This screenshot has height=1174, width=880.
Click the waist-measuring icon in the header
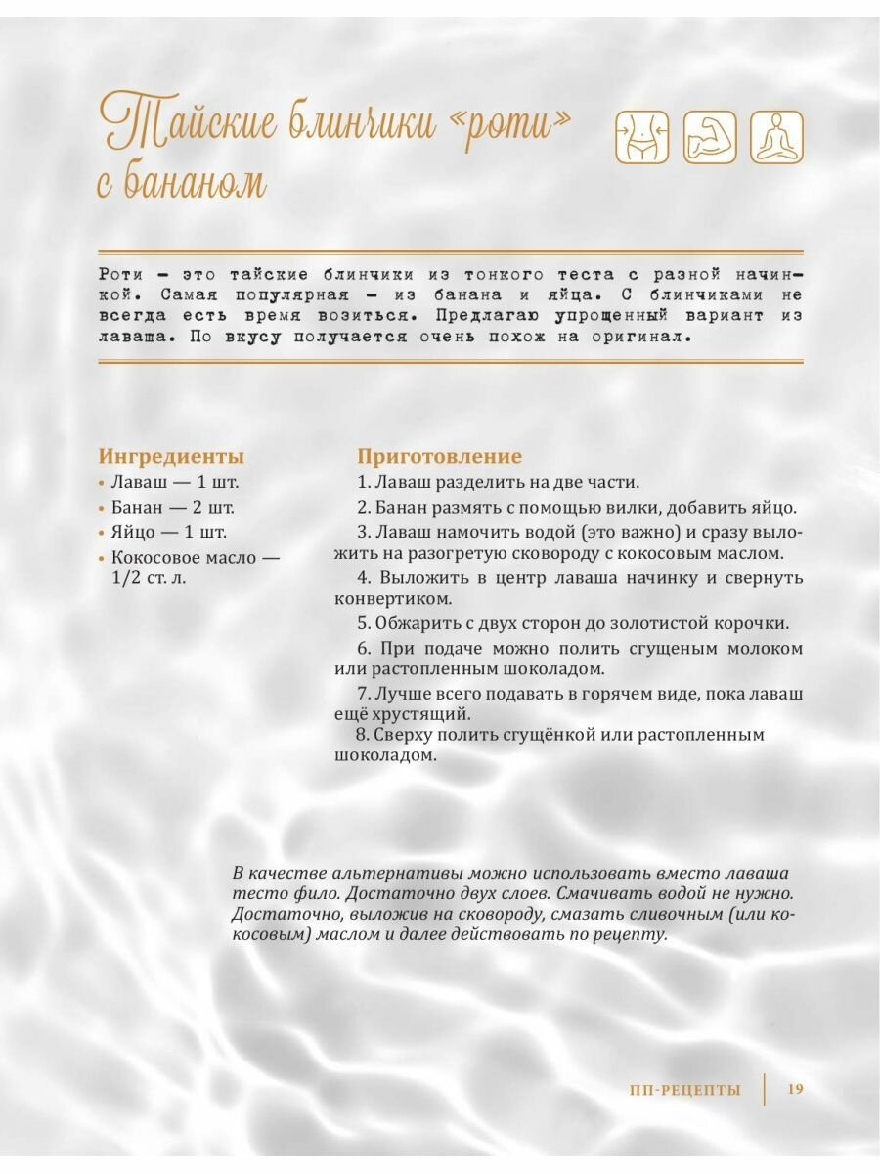641,137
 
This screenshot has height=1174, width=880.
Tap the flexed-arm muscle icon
709,137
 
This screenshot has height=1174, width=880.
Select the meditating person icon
776,137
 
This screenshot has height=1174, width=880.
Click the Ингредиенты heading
171,456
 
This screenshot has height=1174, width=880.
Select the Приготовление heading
439,456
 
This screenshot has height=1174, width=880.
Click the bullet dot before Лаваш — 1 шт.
102,484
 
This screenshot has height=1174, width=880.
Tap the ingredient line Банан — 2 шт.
172,508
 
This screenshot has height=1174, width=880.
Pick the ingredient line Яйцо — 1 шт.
168,533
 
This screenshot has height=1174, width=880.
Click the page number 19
794,1089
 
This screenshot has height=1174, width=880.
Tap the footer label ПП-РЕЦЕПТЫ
685,1090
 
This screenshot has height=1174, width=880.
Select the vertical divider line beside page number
764,1089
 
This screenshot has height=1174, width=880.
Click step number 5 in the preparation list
362,624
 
